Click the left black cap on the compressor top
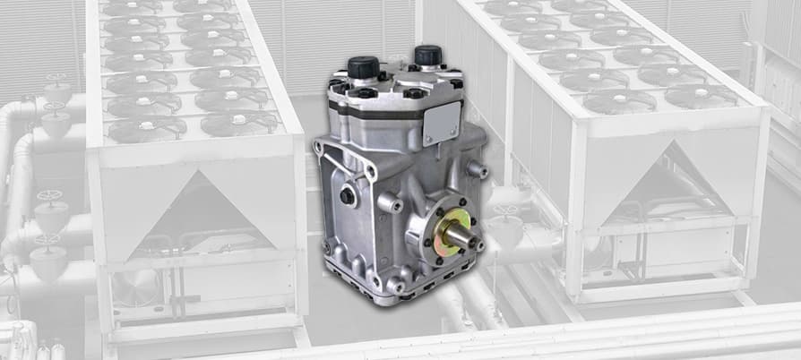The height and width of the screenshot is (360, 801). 363,67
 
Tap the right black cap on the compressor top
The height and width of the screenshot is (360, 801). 428,55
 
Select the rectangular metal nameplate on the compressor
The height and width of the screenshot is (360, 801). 442,122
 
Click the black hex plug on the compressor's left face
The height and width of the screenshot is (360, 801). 347,195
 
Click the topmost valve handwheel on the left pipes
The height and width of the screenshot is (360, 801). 57,81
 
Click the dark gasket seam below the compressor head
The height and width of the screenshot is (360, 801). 376,116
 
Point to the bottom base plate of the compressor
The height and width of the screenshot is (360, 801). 403,288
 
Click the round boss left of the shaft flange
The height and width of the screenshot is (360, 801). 389,204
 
